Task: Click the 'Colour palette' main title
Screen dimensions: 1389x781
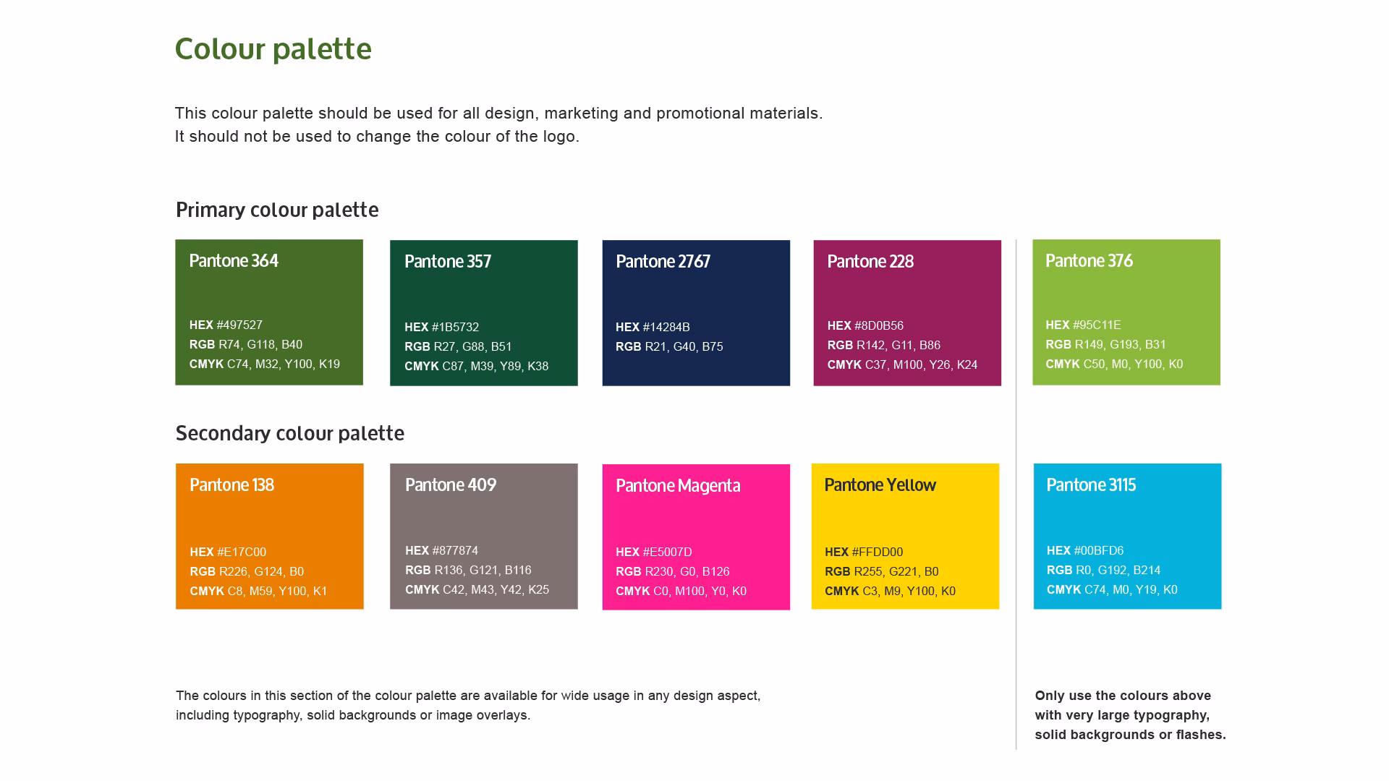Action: tap(273, 49)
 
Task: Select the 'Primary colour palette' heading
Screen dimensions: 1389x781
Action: tap(277, 210)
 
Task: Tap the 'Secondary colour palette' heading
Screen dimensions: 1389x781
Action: tap(289, 433)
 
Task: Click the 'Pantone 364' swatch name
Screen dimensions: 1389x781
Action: tap(234, 261)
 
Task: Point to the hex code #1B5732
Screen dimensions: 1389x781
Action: tap(441, 327)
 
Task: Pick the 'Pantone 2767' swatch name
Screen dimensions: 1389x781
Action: tap(663, 262)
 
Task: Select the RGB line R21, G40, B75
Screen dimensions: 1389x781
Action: tap(669, 346)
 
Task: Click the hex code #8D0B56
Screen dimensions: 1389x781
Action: tap(865, 325)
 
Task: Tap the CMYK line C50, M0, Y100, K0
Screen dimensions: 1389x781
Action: tap(1114, 364)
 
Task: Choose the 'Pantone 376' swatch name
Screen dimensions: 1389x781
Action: tap(1089, 261)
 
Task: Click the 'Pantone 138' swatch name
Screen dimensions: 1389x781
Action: tap(231, 485)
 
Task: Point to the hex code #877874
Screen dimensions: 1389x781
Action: tap(441, 550)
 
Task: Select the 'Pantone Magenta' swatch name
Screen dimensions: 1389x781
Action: tap(678, 486)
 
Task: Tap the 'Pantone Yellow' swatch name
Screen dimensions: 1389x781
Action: tap(880, 485)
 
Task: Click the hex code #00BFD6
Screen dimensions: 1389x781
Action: tap(1084, 550)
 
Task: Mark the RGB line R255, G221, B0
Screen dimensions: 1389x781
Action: tap(881, 571)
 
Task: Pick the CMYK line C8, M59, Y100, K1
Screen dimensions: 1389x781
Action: tap(258, 591)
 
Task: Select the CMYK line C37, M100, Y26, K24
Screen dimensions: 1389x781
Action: tap(902, 364)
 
